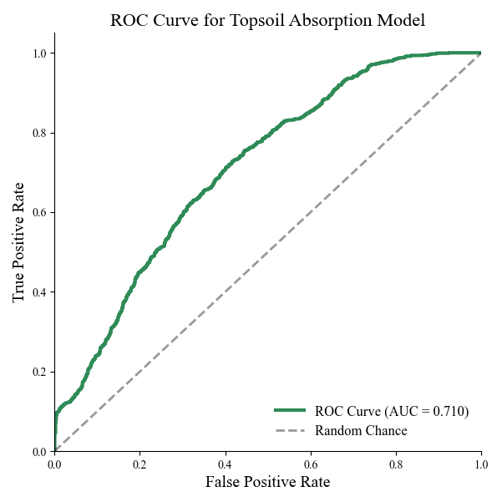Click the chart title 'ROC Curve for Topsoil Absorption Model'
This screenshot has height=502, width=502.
(x=267, y=20)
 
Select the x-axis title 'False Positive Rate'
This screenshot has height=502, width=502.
(x=267, y=482)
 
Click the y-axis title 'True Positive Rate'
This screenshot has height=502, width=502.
(x=19, y=242)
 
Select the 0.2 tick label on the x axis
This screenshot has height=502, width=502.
(x=139, y=464)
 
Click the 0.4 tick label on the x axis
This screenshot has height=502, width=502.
(x=225, y=464)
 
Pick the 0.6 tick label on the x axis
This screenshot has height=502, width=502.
(x=311, y=464)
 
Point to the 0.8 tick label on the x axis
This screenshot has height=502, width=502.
(x=396, y=464)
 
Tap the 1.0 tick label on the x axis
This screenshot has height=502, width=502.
(x=481, y=464)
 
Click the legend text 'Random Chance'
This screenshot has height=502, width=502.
(x=361, y=431)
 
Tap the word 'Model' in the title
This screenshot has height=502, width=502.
(x=403, y=20)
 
